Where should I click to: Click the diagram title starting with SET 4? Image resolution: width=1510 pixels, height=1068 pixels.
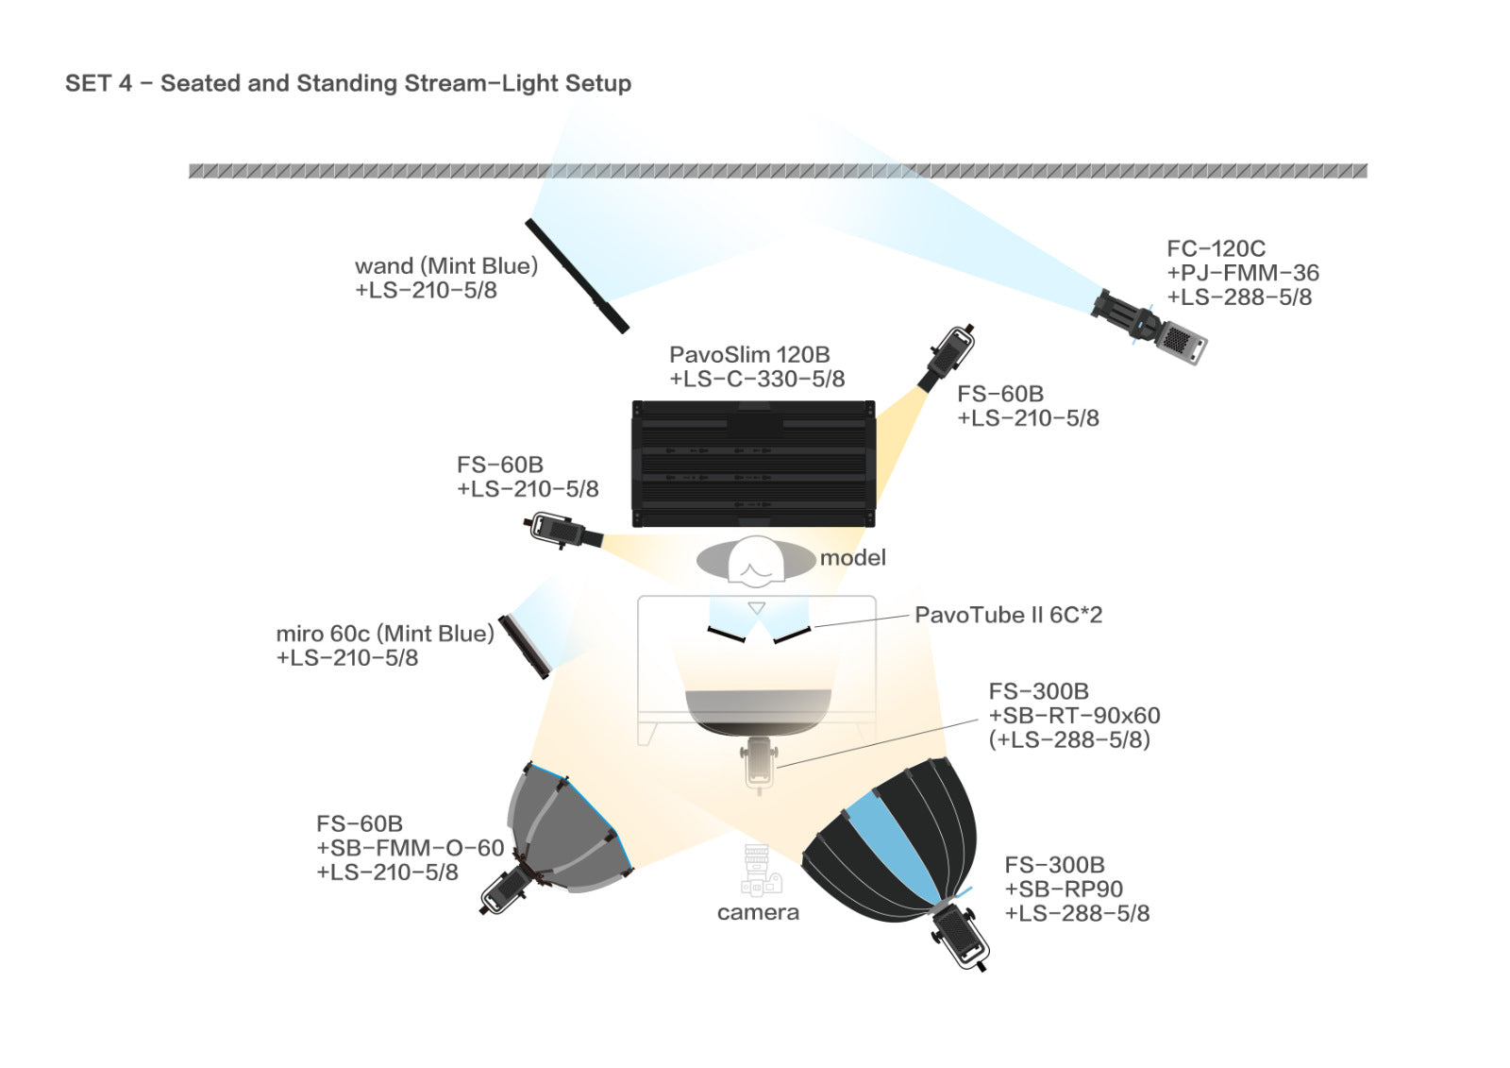point(348,83)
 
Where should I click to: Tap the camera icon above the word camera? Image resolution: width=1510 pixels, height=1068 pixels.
point(760,871)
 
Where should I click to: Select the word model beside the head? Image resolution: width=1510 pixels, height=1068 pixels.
point(853,557)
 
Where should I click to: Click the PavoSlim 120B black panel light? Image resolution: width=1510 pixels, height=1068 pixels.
point(754,464)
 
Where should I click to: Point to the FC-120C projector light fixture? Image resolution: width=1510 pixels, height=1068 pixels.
point(1149,328)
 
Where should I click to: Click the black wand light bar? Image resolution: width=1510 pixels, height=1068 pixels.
point(577,276)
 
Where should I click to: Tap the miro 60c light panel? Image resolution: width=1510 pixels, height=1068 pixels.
point(525,647)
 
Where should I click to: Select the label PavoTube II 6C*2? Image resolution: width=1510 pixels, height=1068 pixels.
point(1009,615)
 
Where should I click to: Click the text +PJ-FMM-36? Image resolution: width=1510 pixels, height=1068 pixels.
point(1243,273)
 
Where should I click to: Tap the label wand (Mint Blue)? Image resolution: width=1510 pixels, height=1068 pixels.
point(446,265)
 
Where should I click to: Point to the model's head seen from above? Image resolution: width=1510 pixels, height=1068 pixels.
point(756,559)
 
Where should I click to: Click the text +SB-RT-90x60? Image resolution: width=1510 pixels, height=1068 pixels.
point(1075,715)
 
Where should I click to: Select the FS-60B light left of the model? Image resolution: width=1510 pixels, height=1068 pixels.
point(562,531)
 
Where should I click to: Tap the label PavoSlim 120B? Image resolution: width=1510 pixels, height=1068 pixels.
point(749,354)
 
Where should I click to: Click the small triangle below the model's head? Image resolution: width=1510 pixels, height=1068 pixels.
point(757,608)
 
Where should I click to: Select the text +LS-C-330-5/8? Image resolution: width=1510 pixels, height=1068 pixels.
point(757,379)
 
